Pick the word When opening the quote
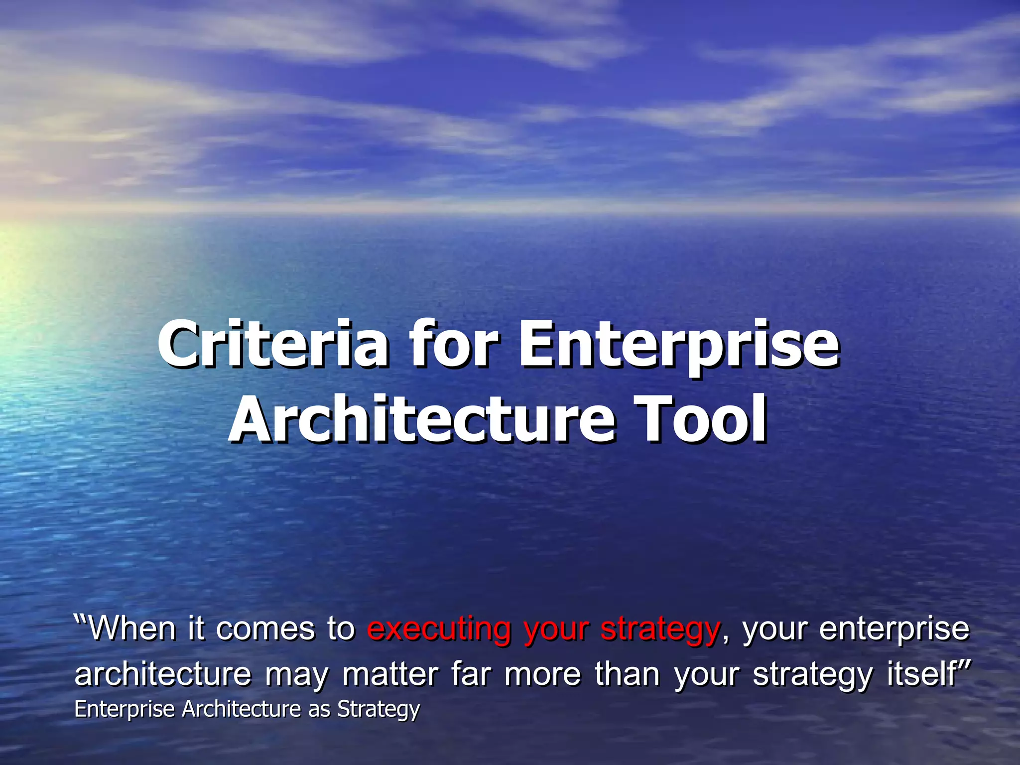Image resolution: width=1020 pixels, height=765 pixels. point(132,629)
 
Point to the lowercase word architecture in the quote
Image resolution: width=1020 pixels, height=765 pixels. point(163,675)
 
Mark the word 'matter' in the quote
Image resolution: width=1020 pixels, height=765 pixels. point(390,675)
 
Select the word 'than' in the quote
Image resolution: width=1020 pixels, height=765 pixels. point(628,674)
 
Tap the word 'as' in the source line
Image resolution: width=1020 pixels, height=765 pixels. point(319,709)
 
